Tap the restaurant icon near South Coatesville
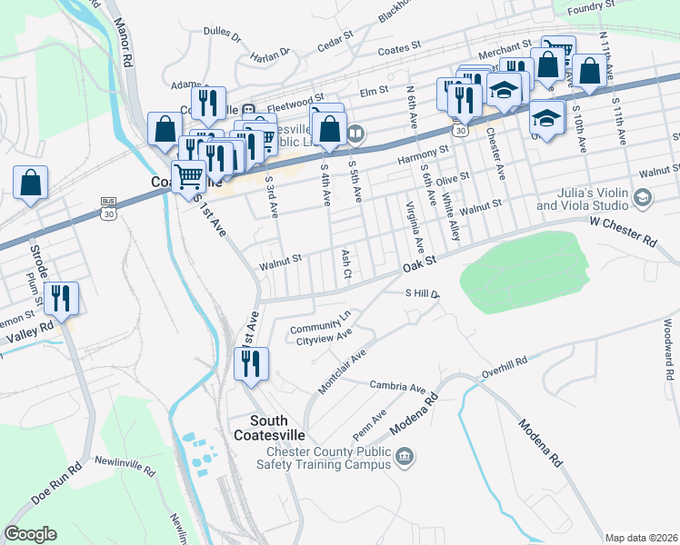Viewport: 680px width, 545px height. coord(250,363)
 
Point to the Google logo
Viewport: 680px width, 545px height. coord(30,534)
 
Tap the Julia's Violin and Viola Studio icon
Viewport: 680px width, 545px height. coord(643,197)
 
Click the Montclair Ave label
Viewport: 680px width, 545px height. coord(342,372)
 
